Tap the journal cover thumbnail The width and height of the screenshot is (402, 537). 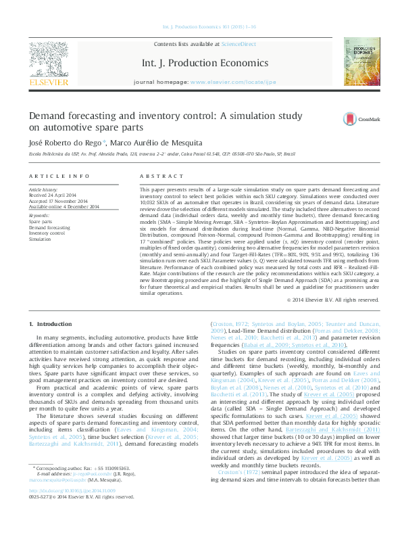click(x=359, y=62)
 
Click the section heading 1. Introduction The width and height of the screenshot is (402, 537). click(x=52, y=324)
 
